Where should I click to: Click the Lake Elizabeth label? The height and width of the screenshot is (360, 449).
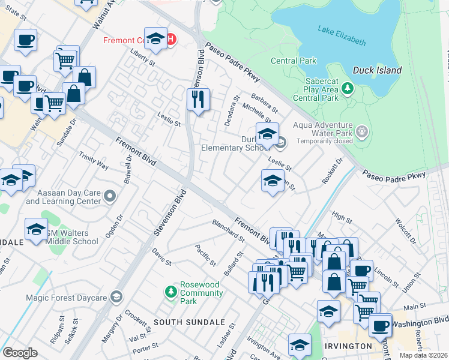342,36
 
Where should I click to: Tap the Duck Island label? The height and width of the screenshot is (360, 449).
377,70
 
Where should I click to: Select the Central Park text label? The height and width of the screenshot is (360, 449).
293,61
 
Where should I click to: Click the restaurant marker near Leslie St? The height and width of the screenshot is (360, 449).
198,98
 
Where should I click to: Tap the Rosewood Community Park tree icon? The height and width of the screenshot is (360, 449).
171,291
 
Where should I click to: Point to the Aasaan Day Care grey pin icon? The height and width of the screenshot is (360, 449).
109,196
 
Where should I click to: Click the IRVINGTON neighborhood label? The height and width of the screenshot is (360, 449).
348,347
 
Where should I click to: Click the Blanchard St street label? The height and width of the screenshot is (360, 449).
228,230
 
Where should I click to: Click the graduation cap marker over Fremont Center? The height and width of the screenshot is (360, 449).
155,39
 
